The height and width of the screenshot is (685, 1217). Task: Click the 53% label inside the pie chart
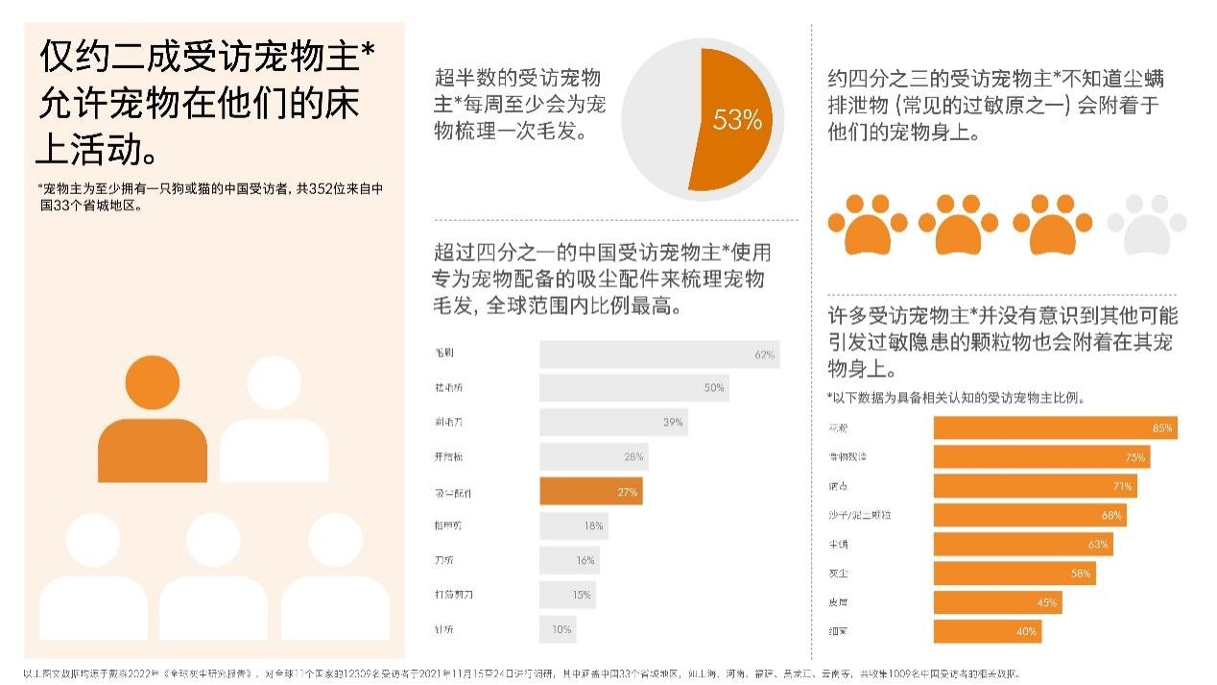737,120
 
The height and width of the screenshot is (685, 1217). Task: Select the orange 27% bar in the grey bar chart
590,492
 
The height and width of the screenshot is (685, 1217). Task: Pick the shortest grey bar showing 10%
557,629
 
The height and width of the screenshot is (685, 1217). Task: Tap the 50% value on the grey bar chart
714,388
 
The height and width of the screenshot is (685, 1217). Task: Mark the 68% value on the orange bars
1111,515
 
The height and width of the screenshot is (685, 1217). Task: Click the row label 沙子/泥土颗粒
859,515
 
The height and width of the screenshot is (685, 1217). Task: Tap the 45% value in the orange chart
1046,602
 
